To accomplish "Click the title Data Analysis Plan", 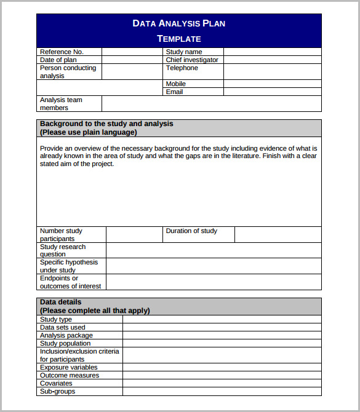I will coord(178,23).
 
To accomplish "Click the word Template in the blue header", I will coord(178,39).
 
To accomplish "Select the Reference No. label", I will coord(62,52).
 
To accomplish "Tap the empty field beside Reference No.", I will coord(132,52).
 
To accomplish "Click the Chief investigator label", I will coord(191,60).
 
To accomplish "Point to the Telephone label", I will coord(182,68).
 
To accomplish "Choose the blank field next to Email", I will coord(272,92).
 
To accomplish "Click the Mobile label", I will coord(175,84).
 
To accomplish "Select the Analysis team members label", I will coord(61,103).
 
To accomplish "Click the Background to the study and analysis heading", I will coord(106,124).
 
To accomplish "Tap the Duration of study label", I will coord(191,231).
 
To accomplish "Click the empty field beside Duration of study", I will coord(278,234).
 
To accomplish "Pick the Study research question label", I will coord(63,250).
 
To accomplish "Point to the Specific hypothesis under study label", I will coord(68,266).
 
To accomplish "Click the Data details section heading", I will coord(60,302).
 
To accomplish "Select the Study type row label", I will coord(56,319).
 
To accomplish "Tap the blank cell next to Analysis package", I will coord(222,335).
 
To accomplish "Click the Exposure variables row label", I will coord(69,367).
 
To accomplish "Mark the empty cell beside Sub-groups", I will coord(222,391).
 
